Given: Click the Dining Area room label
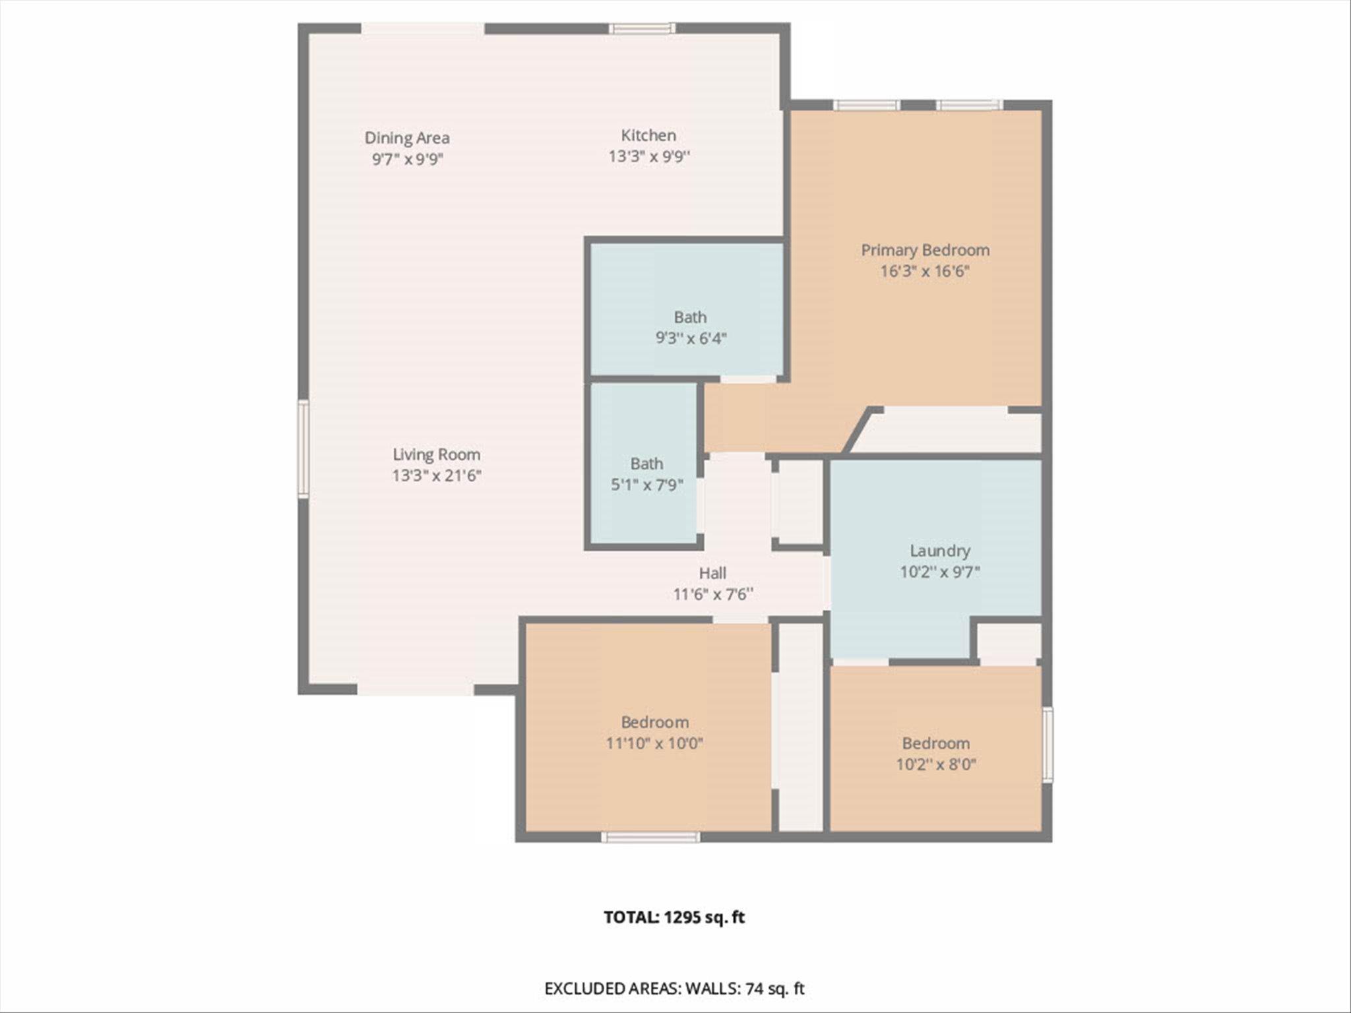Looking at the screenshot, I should (407, 138).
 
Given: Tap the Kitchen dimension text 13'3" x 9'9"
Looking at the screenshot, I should (648, 156).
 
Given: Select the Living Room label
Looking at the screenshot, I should (436, 454).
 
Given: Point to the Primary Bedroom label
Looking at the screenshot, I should (925, 250).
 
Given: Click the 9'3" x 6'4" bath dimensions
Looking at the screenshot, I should (690, 338).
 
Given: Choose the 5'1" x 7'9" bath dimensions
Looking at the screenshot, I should (646, 485).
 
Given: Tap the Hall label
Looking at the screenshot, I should (712, 573).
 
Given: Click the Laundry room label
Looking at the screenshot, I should (939, 551).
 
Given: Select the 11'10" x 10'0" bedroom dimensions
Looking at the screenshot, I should (654, 743).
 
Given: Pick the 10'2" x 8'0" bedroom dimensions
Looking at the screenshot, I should (935, 764).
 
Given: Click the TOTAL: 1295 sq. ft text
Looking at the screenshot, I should (674, 917).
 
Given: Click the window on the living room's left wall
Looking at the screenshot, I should (303, 448).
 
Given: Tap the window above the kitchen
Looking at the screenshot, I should (642, 28).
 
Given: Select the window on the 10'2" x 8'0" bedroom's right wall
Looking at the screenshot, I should (1047, 745).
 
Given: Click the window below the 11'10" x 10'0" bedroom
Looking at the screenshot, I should (650, 837).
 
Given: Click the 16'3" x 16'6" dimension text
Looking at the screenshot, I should (925, 271).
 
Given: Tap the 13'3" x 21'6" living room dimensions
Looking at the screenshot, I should (436, 476).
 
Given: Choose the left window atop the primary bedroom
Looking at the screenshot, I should (866, 106).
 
